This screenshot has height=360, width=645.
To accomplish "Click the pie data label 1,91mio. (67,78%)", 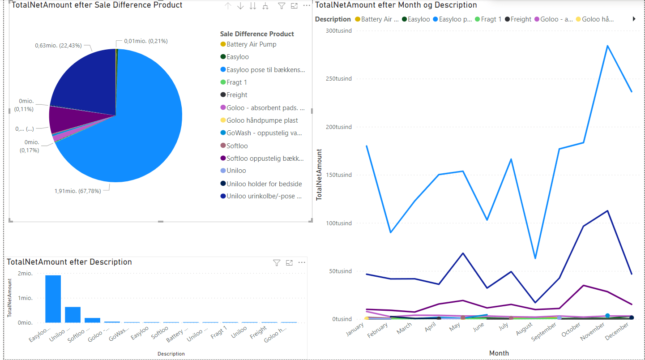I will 77,191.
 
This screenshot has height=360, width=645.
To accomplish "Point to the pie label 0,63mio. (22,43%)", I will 58,45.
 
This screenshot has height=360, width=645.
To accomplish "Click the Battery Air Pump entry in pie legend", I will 251,44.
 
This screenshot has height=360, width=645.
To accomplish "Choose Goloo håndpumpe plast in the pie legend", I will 262,120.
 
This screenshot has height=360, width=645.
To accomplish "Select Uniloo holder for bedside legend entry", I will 264,184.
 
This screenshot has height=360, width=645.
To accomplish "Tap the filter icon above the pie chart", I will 282,6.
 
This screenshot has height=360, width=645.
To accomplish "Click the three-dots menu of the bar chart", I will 302,262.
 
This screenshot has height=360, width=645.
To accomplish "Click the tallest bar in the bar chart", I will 53,299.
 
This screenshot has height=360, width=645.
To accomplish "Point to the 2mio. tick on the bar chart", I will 25,274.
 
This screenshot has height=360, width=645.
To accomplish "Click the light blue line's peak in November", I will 607,46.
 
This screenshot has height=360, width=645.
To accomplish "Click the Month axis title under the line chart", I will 499,353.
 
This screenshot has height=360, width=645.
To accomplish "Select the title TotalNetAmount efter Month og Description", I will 396,5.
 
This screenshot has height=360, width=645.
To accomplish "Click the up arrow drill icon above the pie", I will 228,6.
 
